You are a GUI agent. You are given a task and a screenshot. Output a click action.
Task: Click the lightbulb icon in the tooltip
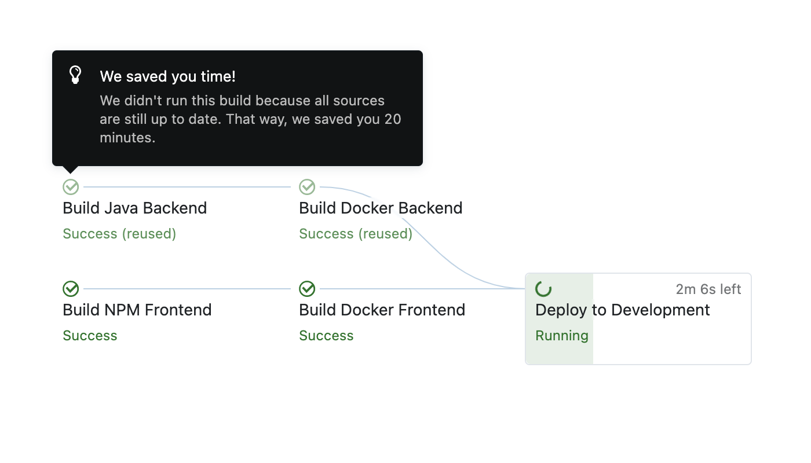pos(75,75)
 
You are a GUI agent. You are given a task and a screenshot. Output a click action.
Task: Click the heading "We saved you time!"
pos(167,76)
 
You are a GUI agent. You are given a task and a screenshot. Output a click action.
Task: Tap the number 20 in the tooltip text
pos(393,119)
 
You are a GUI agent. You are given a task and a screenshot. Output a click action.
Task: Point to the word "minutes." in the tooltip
pos(127,138)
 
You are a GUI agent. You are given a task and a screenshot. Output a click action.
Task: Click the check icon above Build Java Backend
pos(71,187)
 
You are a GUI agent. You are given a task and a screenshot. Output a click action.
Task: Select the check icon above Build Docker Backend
pos(307,187)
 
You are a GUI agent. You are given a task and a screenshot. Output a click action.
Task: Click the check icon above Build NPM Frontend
pos(71,289)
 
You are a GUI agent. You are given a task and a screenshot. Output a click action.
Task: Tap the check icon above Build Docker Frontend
pos(307,289)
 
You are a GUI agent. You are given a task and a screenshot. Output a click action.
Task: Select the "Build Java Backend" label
pos(134,208)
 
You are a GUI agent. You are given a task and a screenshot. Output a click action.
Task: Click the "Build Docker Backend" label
pos(381,208)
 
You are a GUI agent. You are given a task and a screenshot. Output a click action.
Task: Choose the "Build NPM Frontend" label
pos(137,310)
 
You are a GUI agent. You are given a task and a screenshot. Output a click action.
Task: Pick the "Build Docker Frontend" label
pos(382,310)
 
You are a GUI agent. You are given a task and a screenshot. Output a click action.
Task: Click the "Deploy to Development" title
pos(622,310)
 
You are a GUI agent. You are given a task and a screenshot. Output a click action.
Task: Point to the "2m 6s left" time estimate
pos(708,289)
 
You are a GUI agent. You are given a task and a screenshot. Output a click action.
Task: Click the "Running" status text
pos(561,336)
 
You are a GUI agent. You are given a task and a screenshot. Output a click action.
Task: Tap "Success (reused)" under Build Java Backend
pos(119,234)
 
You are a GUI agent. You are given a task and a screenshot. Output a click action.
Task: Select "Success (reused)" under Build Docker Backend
pos(356,234)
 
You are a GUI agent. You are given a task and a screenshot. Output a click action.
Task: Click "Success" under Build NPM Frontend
pos(90,336)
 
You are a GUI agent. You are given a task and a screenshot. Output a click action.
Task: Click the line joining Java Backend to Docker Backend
pos(187,187)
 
